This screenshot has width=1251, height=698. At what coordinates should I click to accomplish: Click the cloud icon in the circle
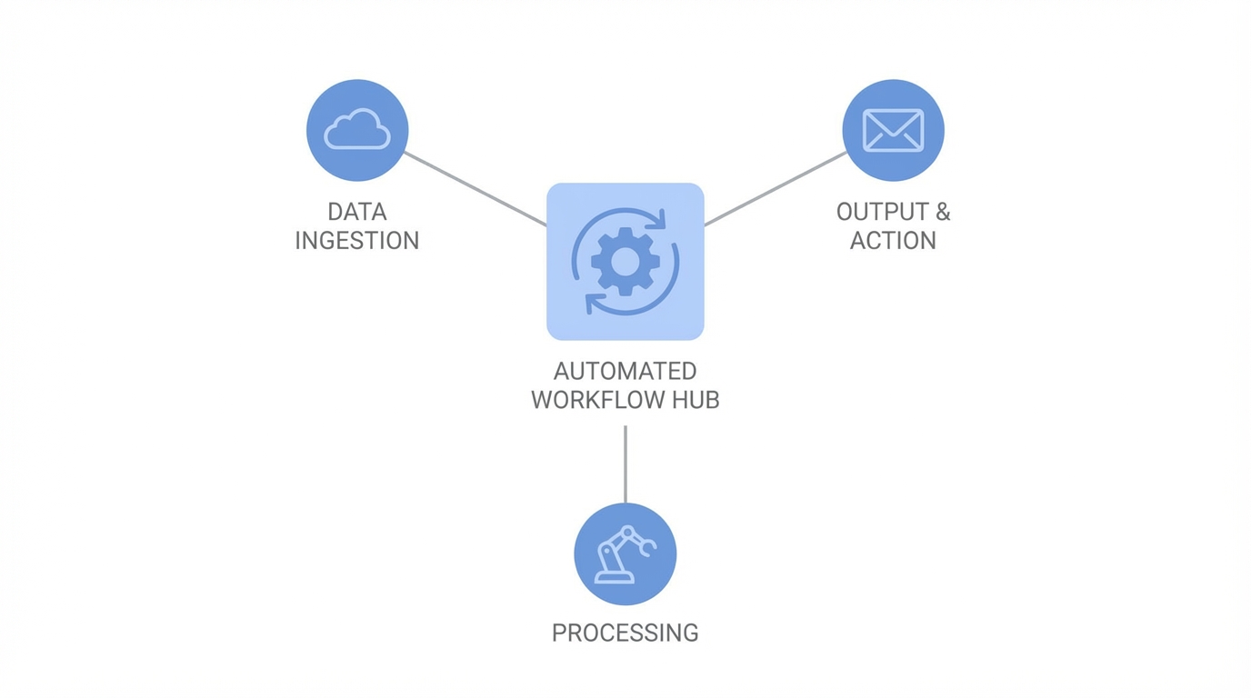[357, 129]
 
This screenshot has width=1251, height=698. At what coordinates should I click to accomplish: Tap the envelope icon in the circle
[893, 130]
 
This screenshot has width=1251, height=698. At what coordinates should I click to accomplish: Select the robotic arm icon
[625, 553]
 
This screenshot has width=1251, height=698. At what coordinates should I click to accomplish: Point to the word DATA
[357, 212]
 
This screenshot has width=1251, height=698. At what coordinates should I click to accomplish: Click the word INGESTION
[357, 241]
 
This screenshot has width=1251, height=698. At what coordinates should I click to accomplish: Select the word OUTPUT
[880, 212]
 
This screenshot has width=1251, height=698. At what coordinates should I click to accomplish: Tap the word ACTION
[893, 241]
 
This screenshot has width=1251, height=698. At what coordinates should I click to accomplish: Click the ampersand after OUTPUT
[942, 212]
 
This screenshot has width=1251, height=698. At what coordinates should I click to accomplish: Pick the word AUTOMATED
[625, 371]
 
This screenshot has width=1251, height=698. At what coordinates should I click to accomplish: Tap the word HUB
[696, 400]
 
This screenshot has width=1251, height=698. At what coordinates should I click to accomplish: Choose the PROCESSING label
[625, 633]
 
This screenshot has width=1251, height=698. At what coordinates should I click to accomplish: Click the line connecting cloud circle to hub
[475, 188]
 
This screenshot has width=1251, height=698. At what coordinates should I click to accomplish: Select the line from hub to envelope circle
[775, 188]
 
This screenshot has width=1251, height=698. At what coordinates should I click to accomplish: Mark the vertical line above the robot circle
[625, 464]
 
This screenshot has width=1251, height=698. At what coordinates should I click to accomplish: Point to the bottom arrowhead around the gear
[591, 303]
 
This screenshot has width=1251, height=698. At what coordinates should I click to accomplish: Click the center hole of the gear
[625, 262]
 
